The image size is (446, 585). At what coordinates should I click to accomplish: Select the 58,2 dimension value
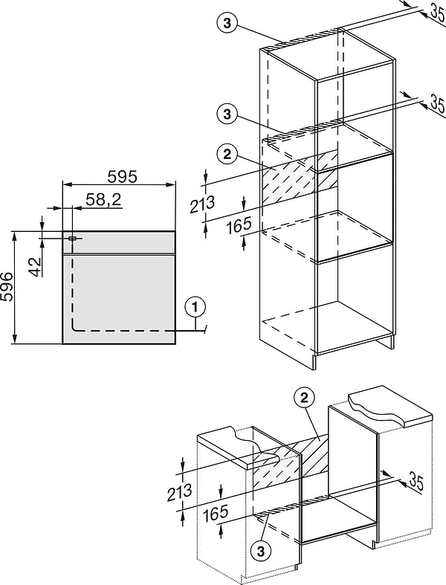(103, 199)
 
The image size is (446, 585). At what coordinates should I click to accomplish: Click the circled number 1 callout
(193, 305)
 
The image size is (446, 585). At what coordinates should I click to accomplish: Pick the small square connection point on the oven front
(71, 238)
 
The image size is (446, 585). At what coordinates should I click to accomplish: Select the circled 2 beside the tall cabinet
(227, 155)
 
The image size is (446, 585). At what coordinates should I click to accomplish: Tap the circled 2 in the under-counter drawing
(304, 398)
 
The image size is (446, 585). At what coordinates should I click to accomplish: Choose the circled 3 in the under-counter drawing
(259, 551)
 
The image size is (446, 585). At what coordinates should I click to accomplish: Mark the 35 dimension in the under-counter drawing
(416, 483)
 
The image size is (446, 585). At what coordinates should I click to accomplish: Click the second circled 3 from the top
(227, 114)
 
